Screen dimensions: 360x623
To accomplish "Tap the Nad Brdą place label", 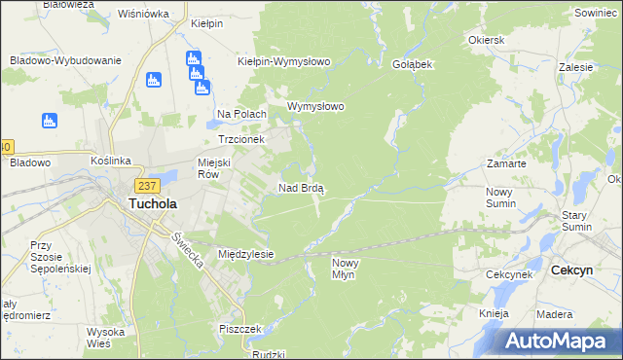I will (x=302, y=187).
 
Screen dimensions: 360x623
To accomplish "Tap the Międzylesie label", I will (x=245, y=254).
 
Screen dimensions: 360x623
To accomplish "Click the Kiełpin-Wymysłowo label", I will (x=284, y=60).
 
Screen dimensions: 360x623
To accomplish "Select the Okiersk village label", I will (x=486, y=41).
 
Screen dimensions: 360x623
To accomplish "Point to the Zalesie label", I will (x=576, y=69).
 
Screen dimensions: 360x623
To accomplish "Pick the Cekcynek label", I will (x=508, y=275).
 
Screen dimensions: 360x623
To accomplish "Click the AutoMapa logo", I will (x=559, y=342).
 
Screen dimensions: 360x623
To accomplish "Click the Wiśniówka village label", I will (x=143, y=14).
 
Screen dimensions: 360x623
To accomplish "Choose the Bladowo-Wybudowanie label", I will (x=65, y=59).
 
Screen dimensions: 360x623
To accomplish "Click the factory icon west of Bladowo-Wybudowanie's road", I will (x=49, y=121).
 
